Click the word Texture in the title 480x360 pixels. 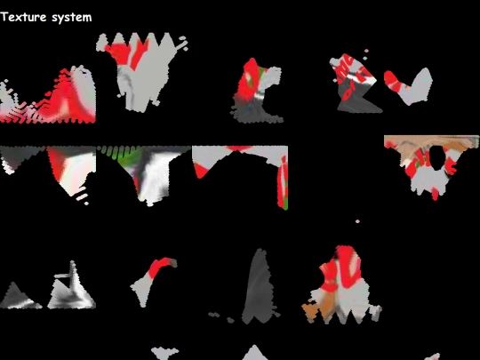[24, 17]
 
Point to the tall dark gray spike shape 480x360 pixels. [260, 288]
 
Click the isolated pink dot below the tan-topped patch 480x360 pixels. [357, 221]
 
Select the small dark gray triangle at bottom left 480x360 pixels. [19, 297]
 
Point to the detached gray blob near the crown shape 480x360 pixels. [183, 44]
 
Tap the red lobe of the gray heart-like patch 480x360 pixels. [395, 81]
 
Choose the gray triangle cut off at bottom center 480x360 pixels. [255, 353]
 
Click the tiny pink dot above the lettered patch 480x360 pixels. [366, 51]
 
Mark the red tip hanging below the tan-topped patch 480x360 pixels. [435, 194]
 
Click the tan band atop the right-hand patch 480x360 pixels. [432, 141]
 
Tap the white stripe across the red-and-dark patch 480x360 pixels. [260, 95]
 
